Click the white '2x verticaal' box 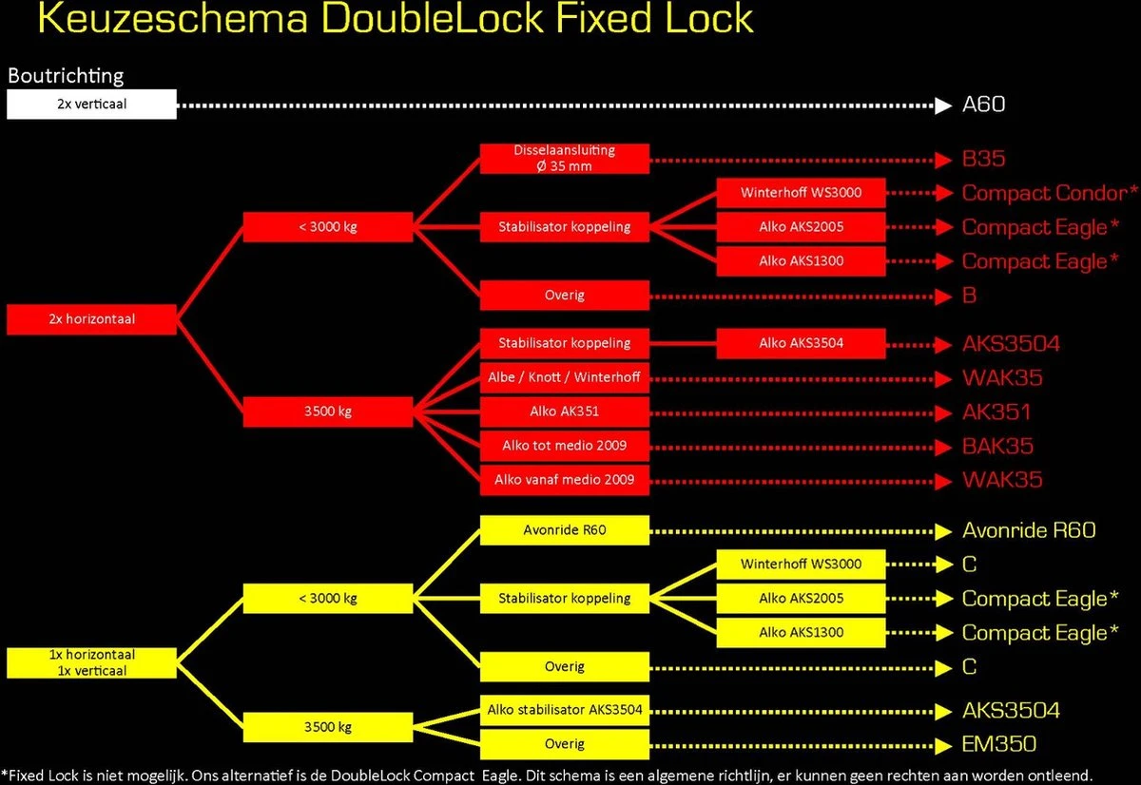tap(91, 105)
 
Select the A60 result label tap(983, 105)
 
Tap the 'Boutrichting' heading tap(66, 75)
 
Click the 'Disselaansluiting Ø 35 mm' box tap(564, 159)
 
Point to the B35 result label tap(983, 159)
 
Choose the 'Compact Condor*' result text tap(1050, 193)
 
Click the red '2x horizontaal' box tap(91, 319)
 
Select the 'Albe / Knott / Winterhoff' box tap(564, 377)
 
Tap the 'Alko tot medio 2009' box tap(564, 446)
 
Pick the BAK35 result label tap(997, 446)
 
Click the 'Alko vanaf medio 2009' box tap(564, 480)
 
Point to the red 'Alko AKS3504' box tap(801, 343)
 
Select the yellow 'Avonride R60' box tap(564, 530)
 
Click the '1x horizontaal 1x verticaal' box tap(91, 662)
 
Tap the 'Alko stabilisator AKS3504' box tap(564, 710)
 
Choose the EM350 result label tap(998, 744)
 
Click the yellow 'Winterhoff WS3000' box tap(801, 565)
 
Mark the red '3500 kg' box tap(327, 412)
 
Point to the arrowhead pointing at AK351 tap(943, 412)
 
